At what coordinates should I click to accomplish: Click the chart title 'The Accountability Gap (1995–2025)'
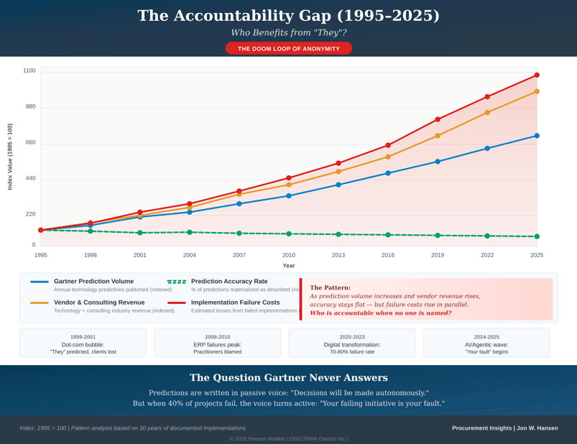(x=288, y=16)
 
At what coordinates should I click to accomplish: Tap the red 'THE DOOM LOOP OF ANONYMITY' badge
(x=288, y=49)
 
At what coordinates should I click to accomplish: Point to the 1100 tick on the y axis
(x=29, y=70)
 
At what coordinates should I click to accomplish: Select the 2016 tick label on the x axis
(x=388, y=255)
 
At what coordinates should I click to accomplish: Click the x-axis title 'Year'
(x=288, y=266)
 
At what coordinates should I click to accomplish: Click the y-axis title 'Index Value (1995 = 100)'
(x=10, y=157)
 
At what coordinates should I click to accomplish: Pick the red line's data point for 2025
(x=537, y=75)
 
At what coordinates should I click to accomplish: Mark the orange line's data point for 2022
(x=487, y=113)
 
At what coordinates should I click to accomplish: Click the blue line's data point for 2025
(x=537, y=136)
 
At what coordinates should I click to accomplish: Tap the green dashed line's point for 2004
(x=190, y=232)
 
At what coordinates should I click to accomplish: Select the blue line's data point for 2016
(x=388, y=173)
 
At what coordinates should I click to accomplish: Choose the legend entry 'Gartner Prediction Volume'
(x=93, y=282)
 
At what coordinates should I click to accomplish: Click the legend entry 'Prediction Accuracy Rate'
(x=229, y=282)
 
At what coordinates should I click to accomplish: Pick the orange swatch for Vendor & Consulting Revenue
(x=40, y=303)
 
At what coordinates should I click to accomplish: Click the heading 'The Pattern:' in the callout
(x=330, y=287)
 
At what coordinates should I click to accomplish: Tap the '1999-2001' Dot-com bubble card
(x=83, y=343)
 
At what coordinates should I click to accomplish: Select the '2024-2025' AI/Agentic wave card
(x=486, y=343)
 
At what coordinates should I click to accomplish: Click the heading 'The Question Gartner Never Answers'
(x=288, y=378)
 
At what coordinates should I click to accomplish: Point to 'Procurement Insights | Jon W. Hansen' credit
(x=504, y=428)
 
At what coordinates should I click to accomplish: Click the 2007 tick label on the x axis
(x=239, y=255)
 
